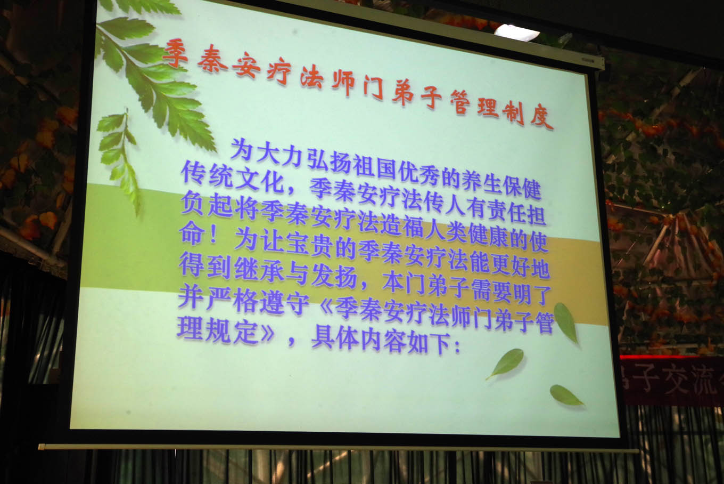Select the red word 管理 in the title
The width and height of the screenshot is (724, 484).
click(474, 103)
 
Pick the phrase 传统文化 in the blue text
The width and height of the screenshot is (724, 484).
click(233, 176)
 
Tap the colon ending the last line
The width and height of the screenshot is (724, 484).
click(457, 347)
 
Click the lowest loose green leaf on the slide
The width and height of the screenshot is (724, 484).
click(566, 396)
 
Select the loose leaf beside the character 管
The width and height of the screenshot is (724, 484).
click(565, 322)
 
